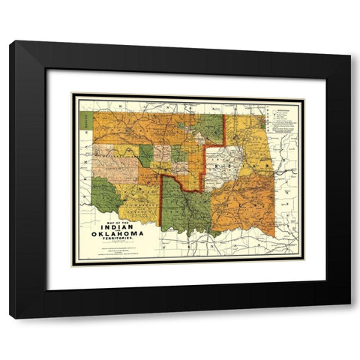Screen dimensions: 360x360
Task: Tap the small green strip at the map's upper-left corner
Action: [87, 118]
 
